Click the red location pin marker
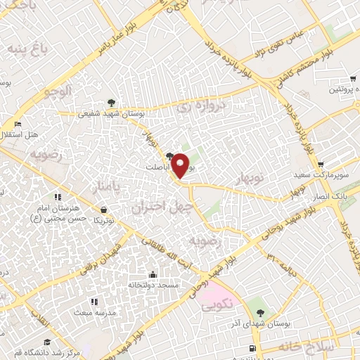coord(181,165)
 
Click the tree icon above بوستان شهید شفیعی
coord(112,102)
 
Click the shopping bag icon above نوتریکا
coord(104,209)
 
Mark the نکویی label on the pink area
coord(219,307)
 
